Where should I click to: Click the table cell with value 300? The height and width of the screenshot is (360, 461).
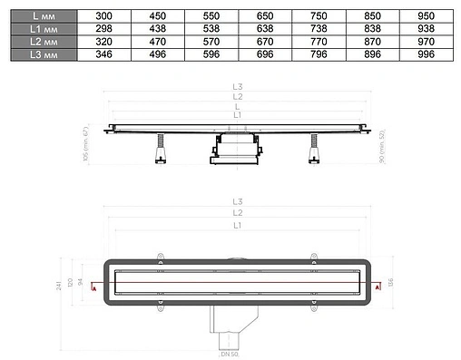tap(104, 15)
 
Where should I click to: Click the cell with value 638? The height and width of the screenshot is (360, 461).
tap(264, 29)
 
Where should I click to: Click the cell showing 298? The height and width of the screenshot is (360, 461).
tap(104, 29)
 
